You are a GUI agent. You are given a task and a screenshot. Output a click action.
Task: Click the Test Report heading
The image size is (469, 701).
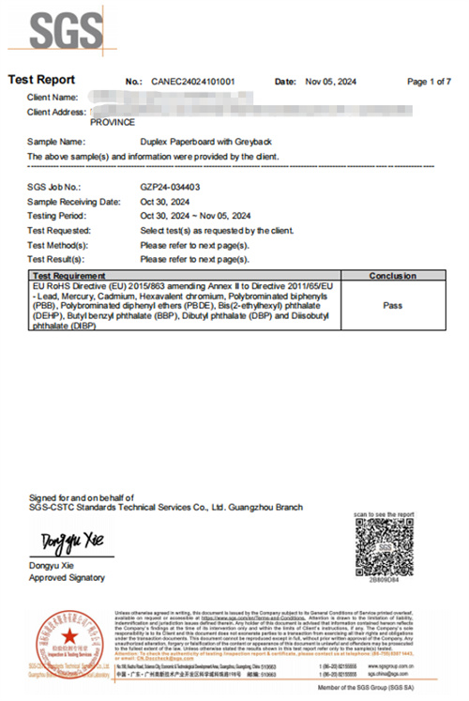click(x=41, y=81)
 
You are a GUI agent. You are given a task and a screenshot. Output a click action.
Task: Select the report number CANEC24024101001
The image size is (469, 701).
click(x=192, y=82)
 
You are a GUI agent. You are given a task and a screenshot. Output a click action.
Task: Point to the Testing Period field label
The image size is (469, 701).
click(x=58, y=215)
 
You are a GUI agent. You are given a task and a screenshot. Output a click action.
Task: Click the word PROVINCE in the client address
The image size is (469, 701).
click(x=112, y=122)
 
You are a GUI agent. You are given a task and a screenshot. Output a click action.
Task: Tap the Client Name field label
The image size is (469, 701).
click(x=53, y=98)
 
